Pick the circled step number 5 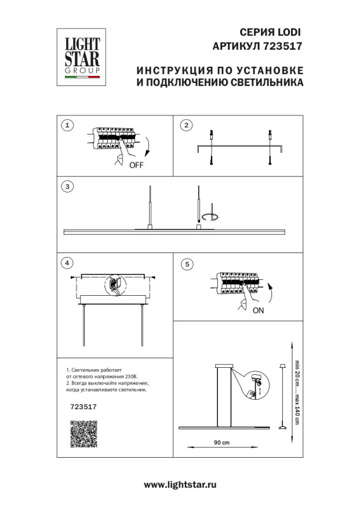(x=186, y=263)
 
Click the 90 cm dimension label (x=221, y=442)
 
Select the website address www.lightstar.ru (x=180, y=484)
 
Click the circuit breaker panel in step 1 (x=115, y=138)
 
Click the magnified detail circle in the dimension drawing (x=256, y=386)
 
